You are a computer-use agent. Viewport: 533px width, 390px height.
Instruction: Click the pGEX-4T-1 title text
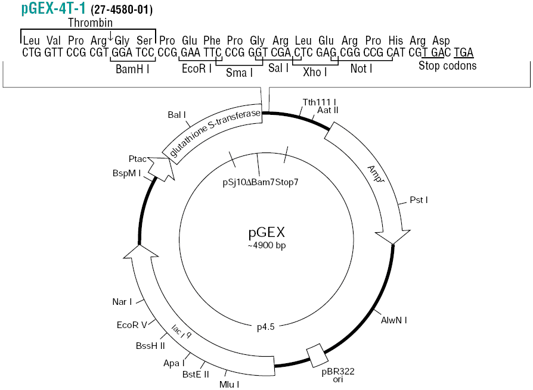pos(54,8)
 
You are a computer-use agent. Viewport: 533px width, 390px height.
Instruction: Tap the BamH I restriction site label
pos(132,69)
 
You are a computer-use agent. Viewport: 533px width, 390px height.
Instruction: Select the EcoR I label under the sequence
pos(197,68)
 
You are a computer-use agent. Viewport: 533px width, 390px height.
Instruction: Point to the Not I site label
pos(361,68)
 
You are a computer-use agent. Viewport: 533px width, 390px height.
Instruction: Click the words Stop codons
pos(447,65)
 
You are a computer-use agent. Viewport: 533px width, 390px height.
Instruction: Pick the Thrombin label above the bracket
pos(91,23)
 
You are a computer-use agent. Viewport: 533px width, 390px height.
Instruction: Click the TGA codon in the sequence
pos(464,52)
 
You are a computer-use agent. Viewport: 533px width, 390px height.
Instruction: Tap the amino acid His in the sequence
pos(396,40)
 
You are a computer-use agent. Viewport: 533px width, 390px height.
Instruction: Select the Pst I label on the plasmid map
pos(419,200)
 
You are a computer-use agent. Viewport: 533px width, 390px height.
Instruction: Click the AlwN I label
pos(394,320)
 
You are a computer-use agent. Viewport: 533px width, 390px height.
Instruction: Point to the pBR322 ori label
pos(338,375)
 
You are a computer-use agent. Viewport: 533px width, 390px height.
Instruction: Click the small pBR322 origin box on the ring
pos(318,355)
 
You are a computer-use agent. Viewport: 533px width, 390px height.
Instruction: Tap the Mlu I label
pos(229,385)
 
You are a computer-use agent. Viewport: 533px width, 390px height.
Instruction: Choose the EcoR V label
pos(132,325)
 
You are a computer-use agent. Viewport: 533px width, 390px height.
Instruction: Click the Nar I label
pos(122,302)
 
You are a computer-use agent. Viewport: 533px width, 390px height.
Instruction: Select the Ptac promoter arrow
pos(162,169)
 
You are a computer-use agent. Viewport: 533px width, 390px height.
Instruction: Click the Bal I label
pos(176,115)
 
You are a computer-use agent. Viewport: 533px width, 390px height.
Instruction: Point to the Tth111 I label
pos(319,102)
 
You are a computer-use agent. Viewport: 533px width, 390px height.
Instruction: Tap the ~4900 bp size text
pos(267,245)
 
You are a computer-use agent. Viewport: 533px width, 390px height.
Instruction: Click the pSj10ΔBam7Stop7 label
pos(261,182)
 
